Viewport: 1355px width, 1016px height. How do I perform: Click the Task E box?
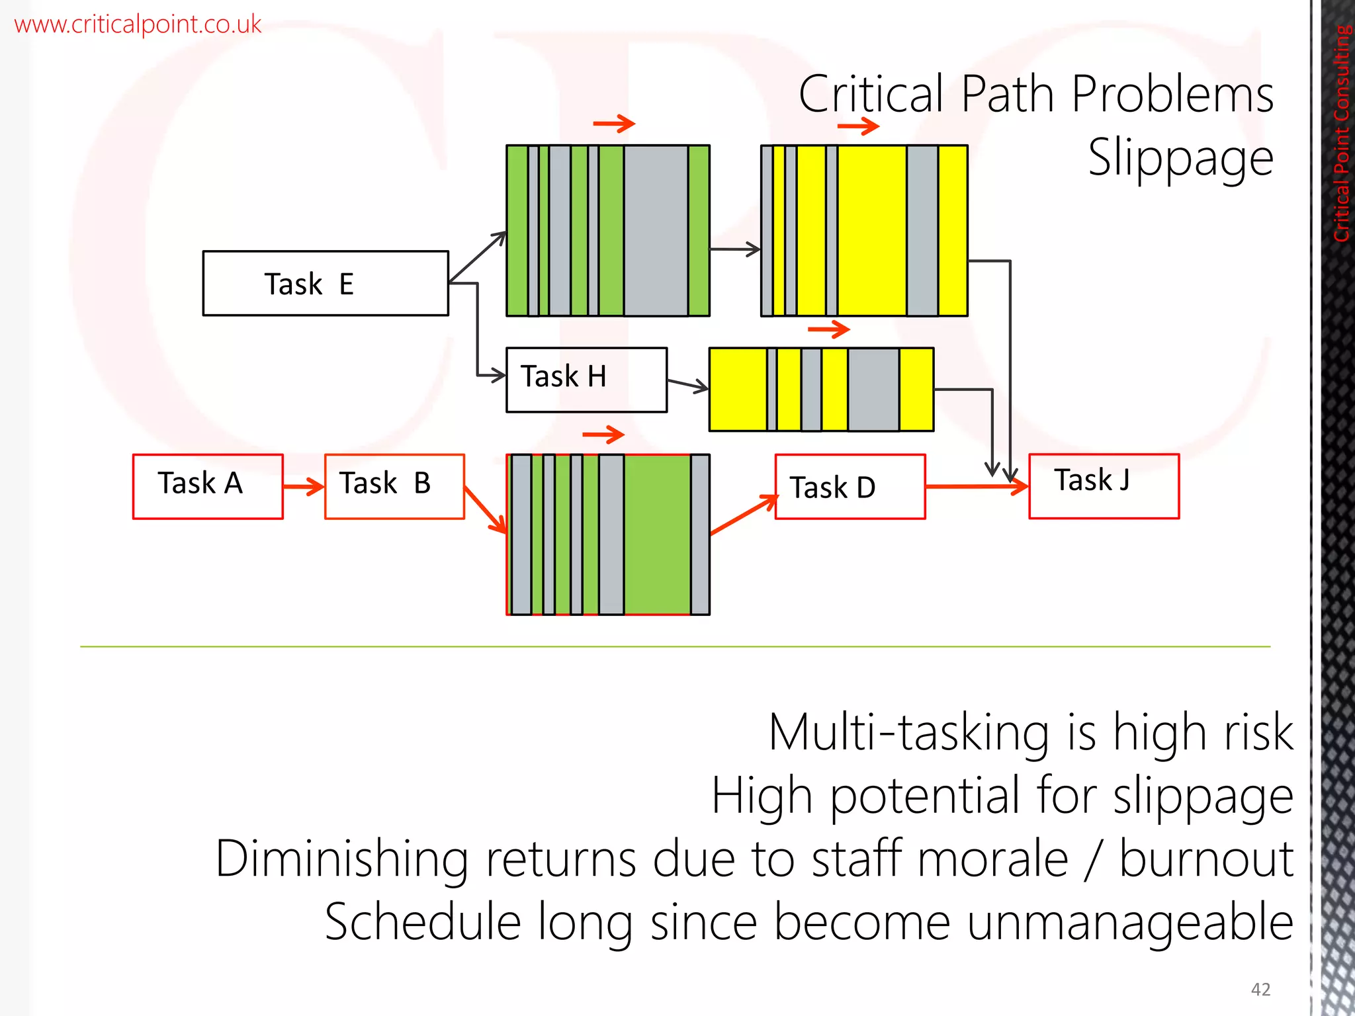click(326, 283)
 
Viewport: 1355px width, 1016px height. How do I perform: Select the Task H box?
click(586, 380)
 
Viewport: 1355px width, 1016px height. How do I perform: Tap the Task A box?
click(208, 486)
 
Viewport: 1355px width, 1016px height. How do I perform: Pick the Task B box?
click(394, 486)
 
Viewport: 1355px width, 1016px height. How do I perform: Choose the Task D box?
click(850, 486)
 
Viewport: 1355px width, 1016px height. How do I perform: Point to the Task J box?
click(1104, 486)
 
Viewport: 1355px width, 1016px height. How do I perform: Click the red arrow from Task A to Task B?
click(304, 487)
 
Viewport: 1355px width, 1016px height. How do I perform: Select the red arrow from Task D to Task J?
click(977, 487)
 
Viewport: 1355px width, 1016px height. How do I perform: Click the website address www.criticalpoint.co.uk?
click(138, 24)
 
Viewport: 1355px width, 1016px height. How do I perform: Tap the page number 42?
click(1260, 990)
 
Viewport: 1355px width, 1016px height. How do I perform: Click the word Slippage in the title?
click(1180, 158)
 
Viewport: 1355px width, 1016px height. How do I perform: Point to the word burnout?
click(1206, 859)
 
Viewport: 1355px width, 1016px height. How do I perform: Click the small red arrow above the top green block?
click(614, 123)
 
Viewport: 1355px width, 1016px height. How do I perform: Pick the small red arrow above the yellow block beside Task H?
click(828, 329)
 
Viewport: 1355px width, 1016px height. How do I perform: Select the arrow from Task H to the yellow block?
click(688, 385)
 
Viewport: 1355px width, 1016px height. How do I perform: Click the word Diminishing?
click(342, 859)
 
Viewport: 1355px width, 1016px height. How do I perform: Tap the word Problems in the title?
click(1172, 95)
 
